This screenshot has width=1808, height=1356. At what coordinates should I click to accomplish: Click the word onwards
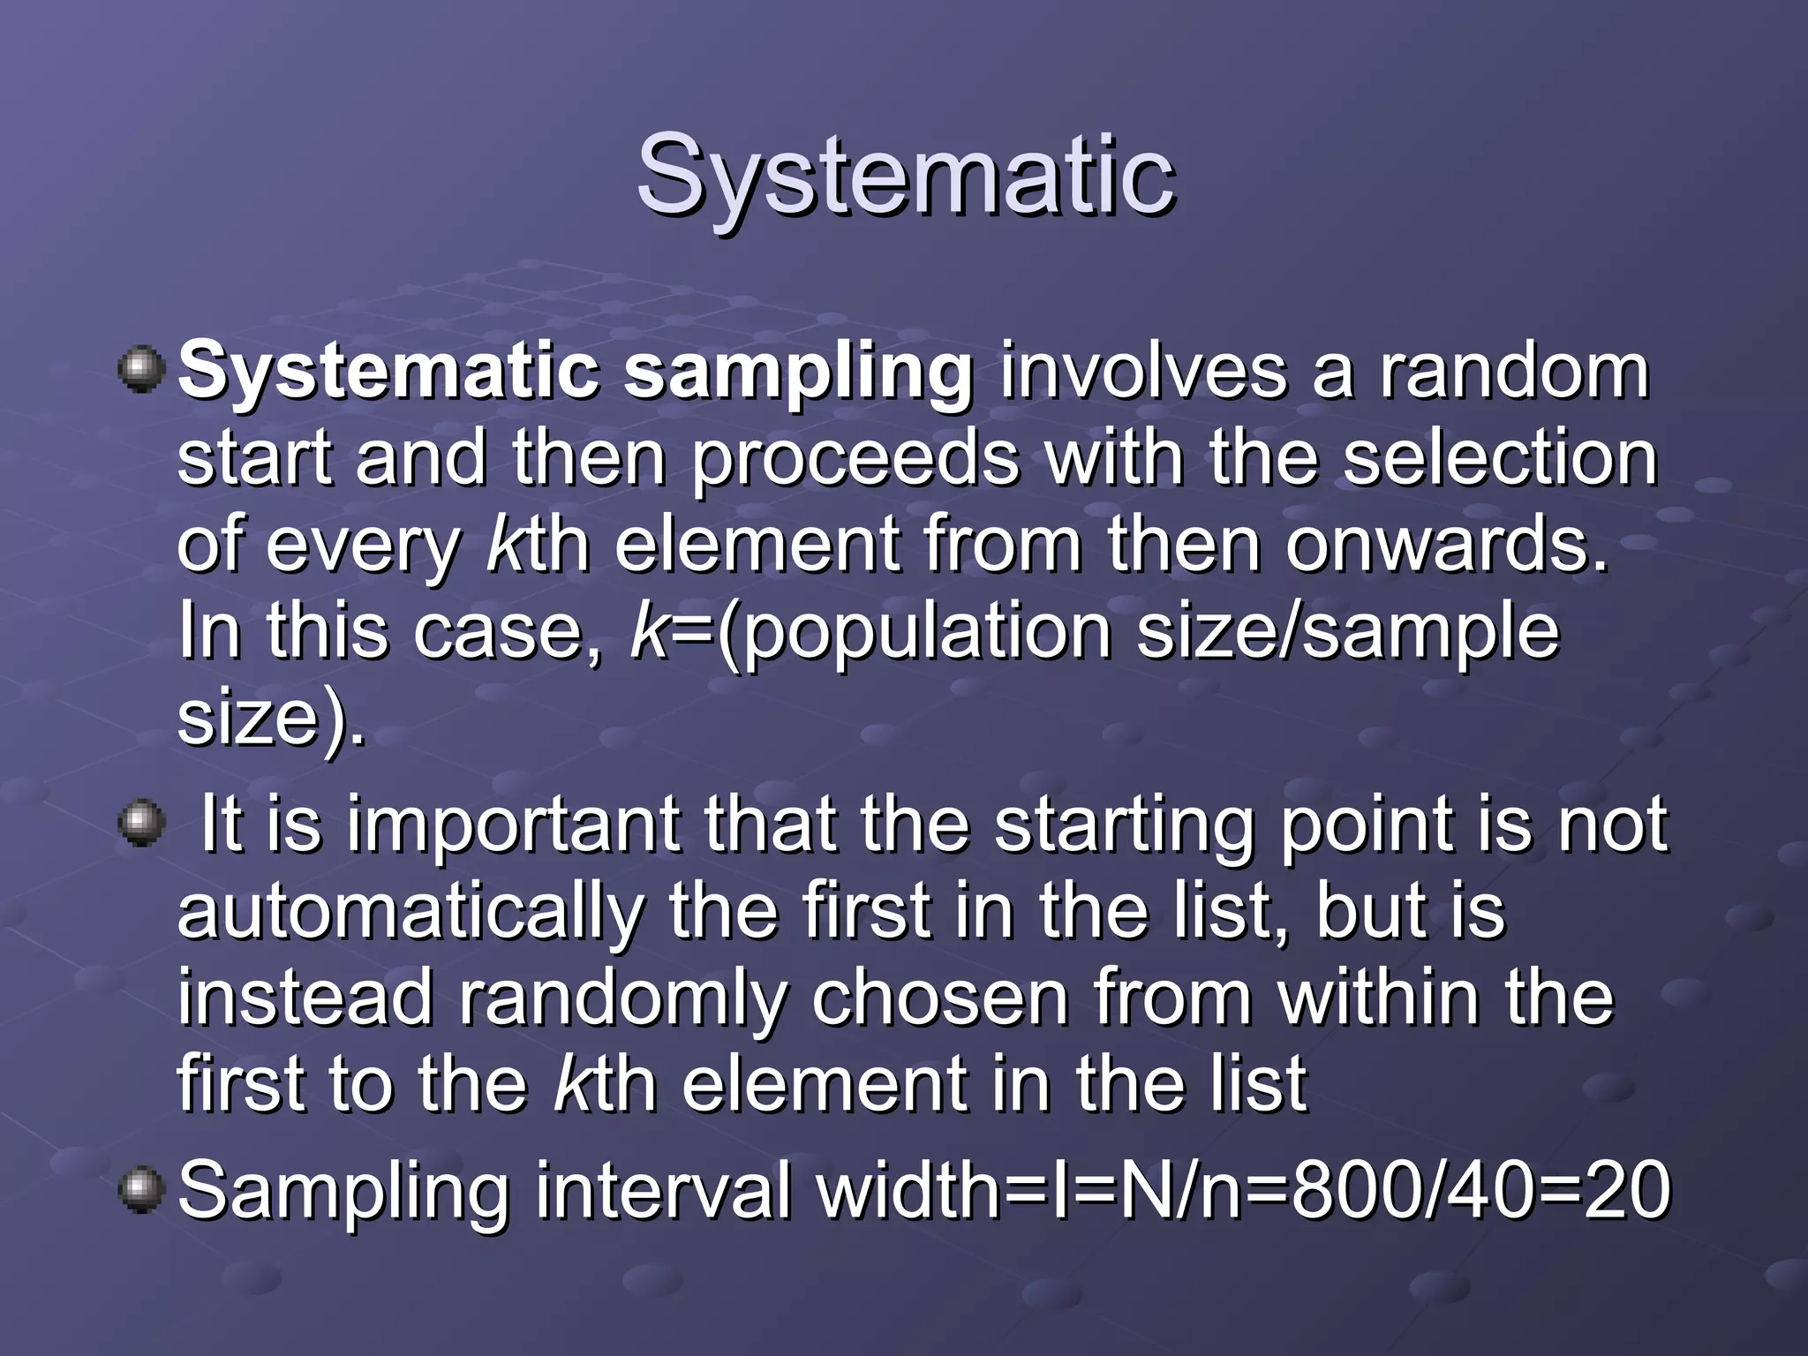(1446, 544)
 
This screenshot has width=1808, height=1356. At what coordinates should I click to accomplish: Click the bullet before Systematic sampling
(141, 370)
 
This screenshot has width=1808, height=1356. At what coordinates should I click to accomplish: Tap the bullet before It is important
(141, 824)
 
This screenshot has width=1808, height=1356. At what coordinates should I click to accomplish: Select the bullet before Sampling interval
(141, 1190)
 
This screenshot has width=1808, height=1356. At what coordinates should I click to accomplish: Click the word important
(513, 826)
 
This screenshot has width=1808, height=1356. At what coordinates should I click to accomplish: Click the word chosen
(939, 998)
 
